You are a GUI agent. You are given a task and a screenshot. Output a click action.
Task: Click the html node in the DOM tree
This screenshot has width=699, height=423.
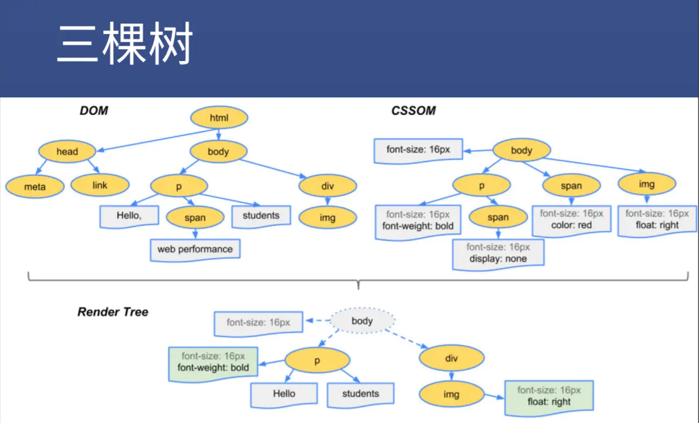point(219,118)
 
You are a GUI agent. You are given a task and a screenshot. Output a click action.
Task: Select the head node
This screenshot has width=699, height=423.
point(67,151)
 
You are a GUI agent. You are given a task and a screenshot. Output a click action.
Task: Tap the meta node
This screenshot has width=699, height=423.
point(35,187)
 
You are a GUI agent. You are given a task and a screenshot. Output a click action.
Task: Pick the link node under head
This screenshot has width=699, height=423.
point(100,185)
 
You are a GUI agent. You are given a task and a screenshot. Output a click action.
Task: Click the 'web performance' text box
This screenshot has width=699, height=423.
point(195,250)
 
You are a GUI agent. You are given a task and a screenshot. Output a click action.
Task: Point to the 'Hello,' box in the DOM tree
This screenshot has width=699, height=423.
point(129,216)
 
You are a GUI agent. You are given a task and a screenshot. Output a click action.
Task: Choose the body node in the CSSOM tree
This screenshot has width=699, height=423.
point(522,150)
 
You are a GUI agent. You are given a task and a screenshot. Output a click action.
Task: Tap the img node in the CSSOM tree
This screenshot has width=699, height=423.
point(647,184)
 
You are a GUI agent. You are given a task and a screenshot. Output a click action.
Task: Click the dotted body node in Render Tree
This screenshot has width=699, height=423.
point(362,320)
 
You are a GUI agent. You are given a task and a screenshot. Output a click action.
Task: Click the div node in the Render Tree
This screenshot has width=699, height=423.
point(451,358)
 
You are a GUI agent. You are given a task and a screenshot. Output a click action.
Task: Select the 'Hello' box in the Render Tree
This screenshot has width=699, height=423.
point(284,395)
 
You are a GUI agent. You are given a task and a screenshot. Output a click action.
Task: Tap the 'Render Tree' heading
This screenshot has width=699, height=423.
point(113,312)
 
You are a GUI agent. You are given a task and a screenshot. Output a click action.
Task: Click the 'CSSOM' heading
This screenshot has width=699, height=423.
point(413,110)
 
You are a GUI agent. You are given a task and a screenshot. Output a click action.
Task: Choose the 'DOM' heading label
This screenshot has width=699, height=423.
point(94,110)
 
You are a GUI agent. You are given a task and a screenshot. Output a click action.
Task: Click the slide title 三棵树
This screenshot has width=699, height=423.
point(125,43)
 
